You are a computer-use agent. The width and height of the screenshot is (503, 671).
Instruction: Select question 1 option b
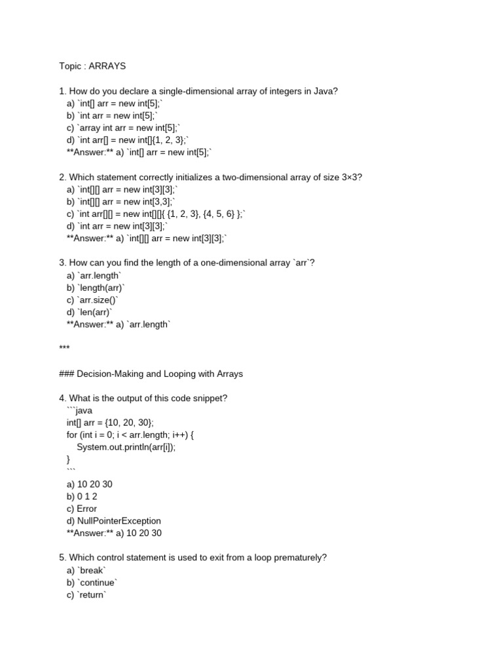pos(112,115)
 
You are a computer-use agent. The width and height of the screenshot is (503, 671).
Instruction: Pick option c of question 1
pos(122,128)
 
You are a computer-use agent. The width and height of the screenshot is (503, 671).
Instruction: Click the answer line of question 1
pos(140,152)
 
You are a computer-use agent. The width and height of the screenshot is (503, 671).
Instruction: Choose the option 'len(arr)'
pos(90,313)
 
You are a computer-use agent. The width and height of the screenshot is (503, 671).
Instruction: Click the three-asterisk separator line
pos(64,348)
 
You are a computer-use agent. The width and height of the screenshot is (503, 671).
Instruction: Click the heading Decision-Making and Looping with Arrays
pos(151,374)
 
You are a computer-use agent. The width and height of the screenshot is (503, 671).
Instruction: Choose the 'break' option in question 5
pos(85,571)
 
